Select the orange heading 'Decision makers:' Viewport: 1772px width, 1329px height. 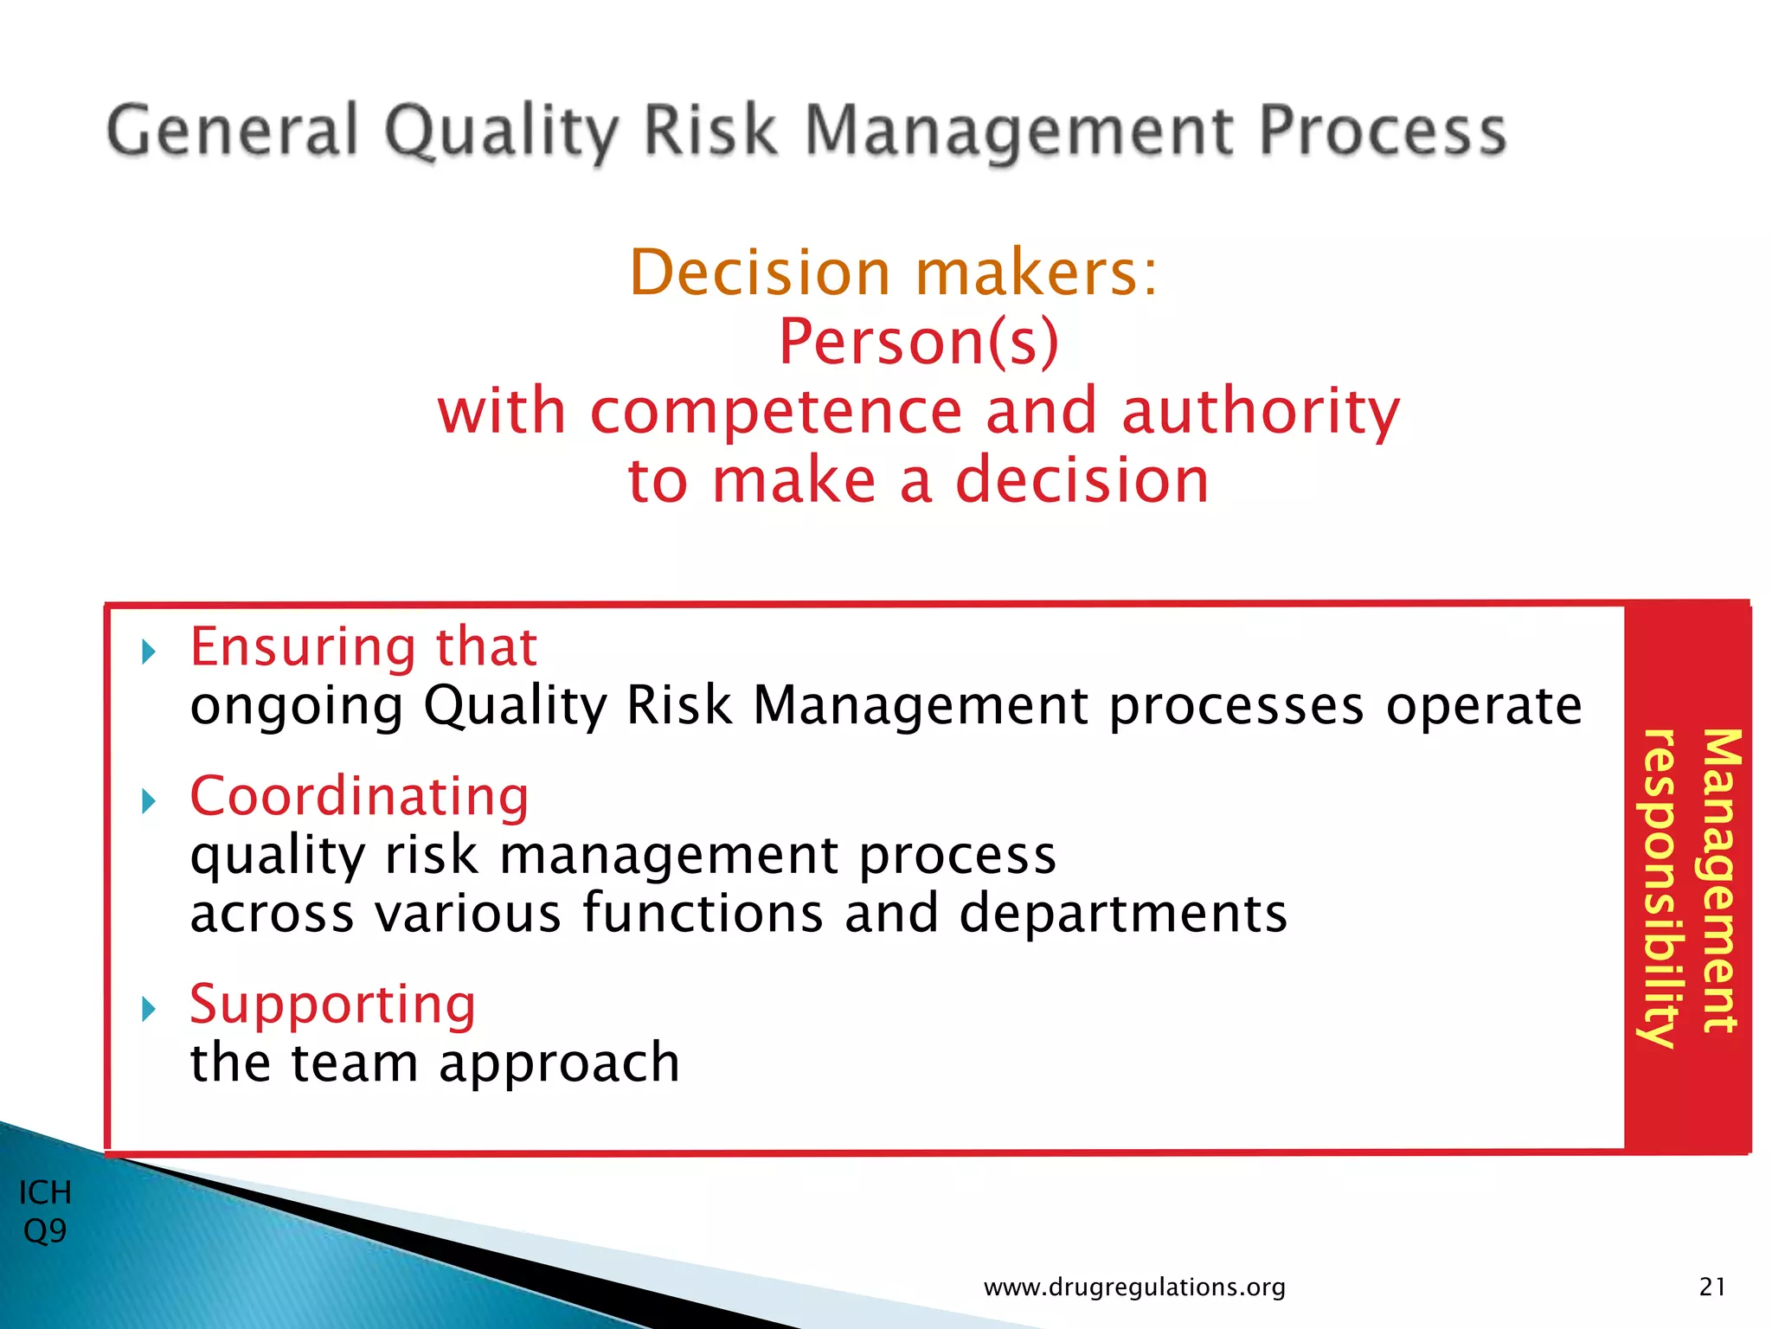(893, 273)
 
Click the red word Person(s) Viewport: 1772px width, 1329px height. (919, 342)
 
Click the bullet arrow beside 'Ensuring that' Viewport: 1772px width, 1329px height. (148, 651)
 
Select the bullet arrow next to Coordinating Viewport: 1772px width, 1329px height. (148, 800)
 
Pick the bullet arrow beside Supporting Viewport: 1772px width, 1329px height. (148, 1008)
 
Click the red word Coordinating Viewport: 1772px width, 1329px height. (359, 796)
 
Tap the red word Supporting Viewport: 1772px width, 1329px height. (333, 1005)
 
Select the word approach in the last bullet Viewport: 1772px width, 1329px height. (559, 1064)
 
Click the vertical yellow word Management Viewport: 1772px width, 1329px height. (1720, 881)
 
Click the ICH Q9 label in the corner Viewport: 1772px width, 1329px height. (45, 1211)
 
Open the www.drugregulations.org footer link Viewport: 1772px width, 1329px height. (1134, 1287)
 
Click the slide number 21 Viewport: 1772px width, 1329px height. (1712, 1287)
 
